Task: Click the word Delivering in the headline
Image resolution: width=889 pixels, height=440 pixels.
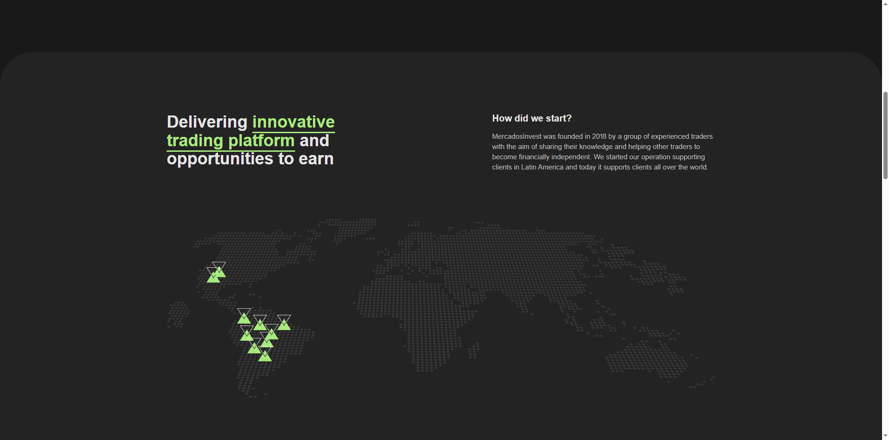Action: click(207, 122)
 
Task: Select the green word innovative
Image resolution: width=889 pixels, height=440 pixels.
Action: click(293, 122)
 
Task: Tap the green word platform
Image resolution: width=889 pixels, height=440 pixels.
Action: click(261, 141)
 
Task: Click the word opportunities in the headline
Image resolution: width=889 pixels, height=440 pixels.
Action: click(220, 159)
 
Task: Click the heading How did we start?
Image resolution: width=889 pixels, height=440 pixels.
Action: click(532, 118)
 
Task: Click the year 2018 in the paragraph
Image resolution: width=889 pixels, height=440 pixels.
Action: click(599, 136)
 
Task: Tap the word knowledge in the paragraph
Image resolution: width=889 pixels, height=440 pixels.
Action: click(596, 147)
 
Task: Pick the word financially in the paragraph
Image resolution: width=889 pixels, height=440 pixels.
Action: click(534, 157)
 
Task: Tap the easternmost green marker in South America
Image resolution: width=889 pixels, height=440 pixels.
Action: click(284, 323)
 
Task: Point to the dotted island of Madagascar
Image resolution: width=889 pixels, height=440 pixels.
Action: click(474, 351)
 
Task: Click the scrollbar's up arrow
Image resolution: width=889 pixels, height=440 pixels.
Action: click(885, 4)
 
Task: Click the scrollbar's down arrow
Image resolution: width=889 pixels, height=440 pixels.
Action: click(885, 436)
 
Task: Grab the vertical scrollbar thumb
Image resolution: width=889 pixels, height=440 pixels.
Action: click(885, 135)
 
